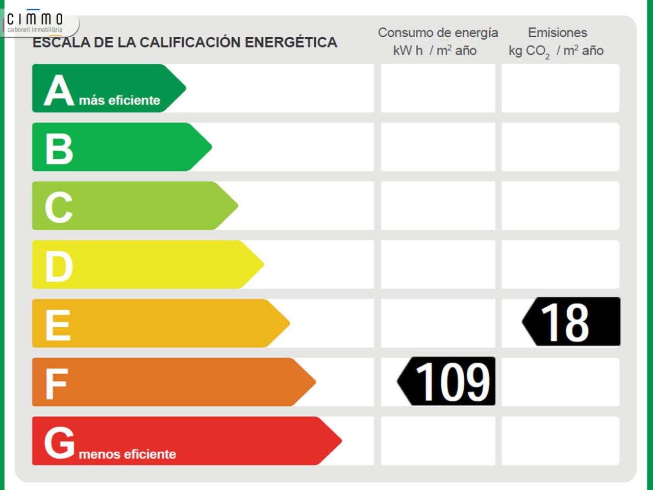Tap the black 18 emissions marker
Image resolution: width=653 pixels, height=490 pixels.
572,322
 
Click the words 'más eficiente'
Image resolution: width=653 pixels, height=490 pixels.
119,101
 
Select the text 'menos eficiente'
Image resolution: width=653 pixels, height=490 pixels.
128,454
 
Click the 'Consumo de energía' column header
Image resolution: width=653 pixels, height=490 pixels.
438,33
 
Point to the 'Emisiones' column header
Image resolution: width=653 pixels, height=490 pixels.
557,33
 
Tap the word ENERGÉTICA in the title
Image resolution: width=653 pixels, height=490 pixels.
291,42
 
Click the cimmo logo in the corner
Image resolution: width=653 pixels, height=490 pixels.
35,21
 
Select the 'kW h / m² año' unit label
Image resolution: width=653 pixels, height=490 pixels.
435,51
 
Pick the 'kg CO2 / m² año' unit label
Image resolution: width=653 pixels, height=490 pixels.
556,51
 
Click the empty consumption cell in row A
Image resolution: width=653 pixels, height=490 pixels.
438,88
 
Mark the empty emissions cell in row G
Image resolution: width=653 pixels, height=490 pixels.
560,440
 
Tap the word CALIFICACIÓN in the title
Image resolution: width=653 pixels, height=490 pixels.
190,42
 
